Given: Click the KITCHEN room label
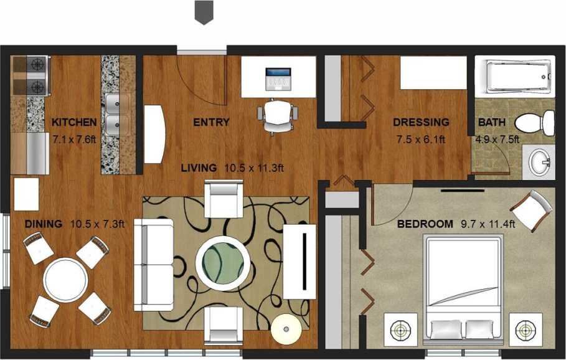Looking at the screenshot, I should pyautogui.click(x=74, y=122).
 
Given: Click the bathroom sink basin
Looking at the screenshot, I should pyautogui.click(x=539, y=164).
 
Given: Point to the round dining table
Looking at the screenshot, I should pyautogui.click(x=65, y=280).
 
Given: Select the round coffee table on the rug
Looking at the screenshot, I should pyautogui.click(x=223, y=262).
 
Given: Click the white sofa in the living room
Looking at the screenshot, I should pyautogui.click(x=153, y=264).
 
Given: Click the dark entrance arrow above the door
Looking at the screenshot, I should pyautogui.click(x=204, y=12).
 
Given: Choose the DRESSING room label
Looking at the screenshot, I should pyautogui.click(x=420, y=122).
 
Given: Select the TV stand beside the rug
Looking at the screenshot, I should pyautogui.click(x=300, y=262).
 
